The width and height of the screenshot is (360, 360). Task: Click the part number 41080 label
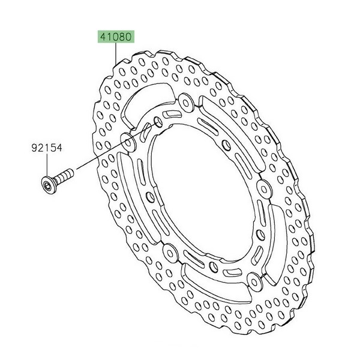click(x=116, y=37)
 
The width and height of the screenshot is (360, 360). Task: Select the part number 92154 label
click(x=47, y=148)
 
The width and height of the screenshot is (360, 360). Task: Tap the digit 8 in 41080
click(x=122, y=37)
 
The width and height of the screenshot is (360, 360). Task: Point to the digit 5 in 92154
click(x=53, y=148)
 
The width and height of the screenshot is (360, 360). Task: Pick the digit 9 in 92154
click(x=34, y=148)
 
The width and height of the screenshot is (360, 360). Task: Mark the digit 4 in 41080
click(x=103, y=37)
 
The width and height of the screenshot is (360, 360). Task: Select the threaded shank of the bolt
click(x=64, y=175)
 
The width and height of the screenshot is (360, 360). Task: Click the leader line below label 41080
click(x=115, y=53)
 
